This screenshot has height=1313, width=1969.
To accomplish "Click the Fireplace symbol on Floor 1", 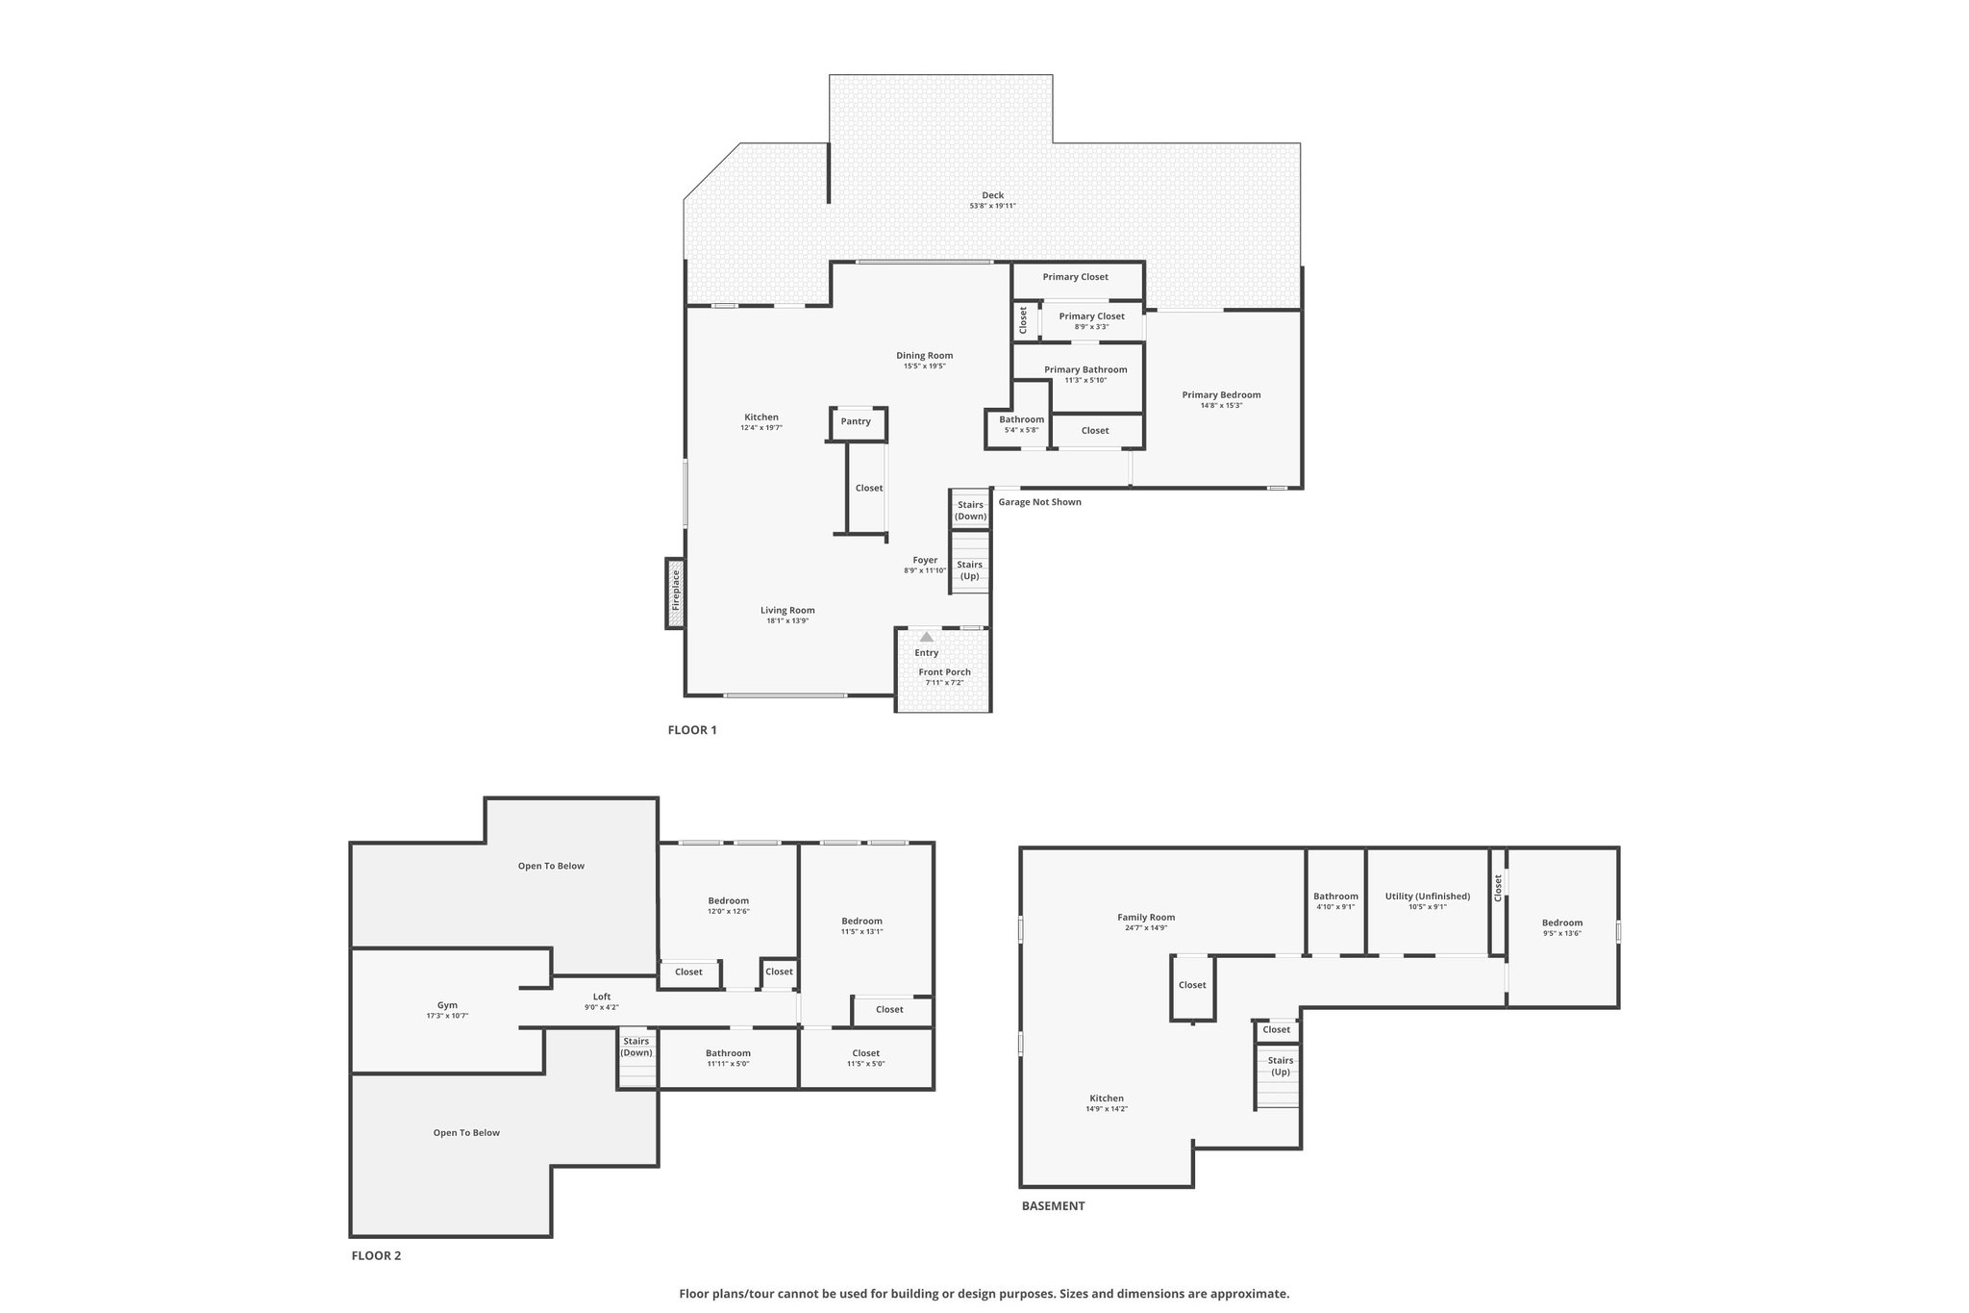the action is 675,593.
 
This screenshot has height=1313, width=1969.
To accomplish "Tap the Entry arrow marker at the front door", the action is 926,637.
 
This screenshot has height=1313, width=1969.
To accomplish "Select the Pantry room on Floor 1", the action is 857,423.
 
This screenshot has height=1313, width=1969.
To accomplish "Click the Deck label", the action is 992,195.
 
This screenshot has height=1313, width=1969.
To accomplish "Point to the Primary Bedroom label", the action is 1221,394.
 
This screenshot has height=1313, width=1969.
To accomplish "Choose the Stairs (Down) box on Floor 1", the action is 970,510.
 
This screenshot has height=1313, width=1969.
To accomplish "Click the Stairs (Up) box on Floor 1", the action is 970,570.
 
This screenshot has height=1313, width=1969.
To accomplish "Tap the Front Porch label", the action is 944,672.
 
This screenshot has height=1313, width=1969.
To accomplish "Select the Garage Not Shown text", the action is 1039,502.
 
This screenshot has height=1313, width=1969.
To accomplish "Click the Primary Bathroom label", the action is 1085,369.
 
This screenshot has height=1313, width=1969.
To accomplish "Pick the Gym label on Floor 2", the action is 447,1005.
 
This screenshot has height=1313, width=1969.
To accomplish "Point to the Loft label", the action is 601,997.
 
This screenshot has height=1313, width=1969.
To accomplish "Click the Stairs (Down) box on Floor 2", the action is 636,1058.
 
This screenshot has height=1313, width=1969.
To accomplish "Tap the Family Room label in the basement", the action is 1146,917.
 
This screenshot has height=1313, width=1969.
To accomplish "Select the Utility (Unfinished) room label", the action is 1428,896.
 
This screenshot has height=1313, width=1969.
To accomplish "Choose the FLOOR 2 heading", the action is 376,1255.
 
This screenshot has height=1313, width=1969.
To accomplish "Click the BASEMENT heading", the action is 1053,1205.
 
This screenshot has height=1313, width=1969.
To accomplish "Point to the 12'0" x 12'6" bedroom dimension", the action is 728,911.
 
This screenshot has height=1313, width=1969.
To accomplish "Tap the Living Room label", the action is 787,610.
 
